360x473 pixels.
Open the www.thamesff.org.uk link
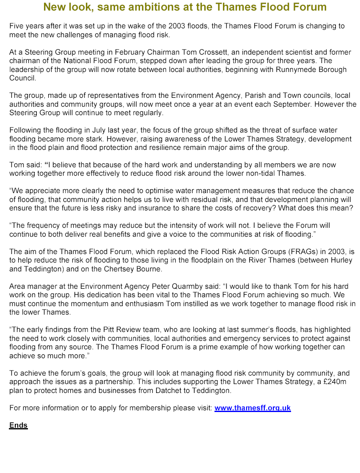[x=253, y=408]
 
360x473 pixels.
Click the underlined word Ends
[x=18, y=426]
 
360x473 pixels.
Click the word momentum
[x=82, y=304]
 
